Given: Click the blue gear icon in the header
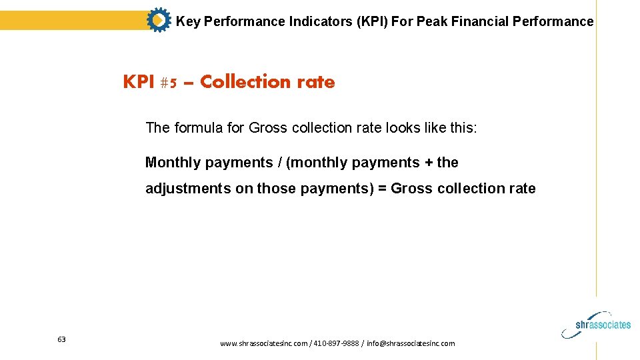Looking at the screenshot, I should (x=158, y=21).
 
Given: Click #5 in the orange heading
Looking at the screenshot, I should (x=168, y=82).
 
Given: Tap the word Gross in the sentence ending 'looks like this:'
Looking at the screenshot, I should (x=267, y=128).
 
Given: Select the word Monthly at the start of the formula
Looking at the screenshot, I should (x=173, y=163).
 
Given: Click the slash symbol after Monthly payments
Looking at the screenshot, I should (x=279, y=163).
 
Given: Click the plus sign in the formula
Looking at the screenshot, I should (x=429, y=163).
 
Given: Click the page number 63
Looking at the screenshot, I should (x=61, y=339).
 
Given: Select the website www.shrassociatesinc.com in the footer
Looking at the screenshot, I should (x=264, y=343).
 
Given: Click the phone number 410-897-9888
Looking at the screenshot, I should (x=335, y=343).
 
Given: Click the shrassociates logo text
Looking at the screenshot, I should (x=603, y=325).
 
